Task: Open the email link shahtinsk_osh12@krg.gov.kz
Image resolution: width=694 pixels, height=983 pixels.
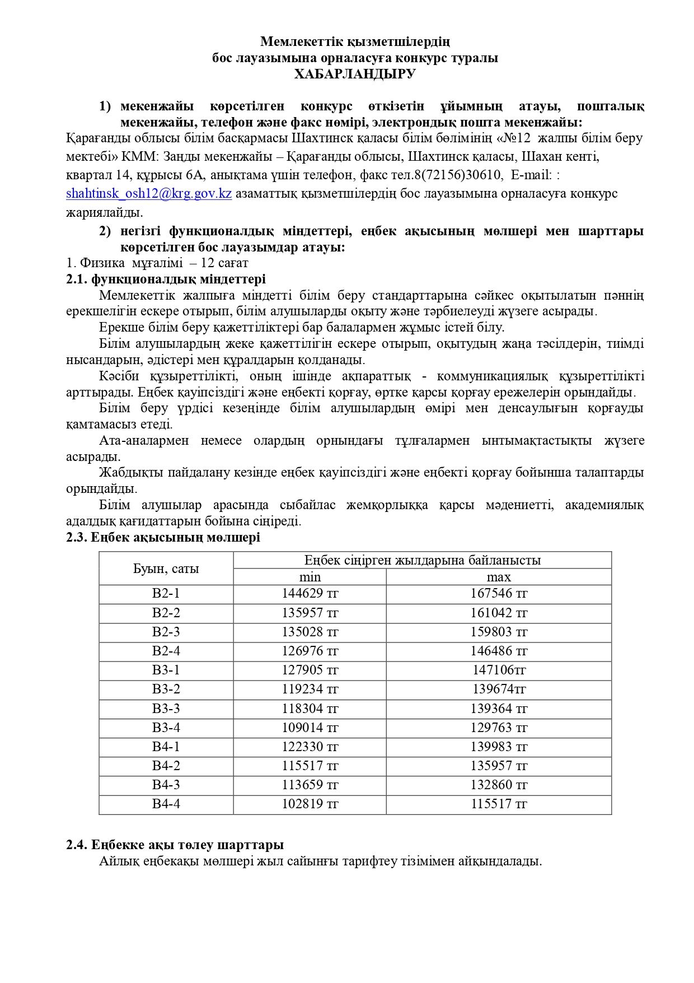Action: click(x=149, y=194)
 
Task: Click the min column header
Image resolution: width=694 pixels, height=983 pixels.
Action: click(x=310, y=577)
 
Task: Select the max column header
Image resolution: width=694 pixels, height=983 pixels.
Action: click(x=499, y=577)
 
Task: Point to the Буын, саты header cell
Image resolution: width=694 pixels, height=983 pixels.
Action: click(x=166, y=569)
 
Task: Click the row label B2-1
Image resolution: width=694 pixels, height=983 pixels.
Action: click(x=166, y=594)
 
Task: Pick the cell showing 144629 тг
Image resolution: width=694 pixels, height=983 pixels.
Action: click(x=310, y=594)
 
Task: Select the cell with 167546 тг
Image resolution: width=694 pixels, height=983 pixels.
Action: click(x=499, y=594)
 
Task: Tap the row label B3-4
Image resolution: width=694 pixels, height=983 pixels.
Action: click(x=166, y=728)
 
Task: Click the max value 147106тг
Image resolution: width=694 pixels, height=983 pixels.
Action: click(x=499, y=670)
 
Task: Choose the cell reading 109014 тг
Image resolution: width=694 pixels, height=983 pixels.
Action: click(x=310, y=728)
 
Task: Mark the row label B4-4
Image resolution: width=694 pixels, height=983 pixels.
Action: click(x=166, y=804)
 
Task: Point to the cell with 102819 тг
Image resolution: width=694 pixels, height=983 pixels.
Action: click(x=310, y=804)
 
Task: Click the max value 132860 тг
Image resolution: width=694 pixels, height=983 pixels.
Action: click(x=499, y=785)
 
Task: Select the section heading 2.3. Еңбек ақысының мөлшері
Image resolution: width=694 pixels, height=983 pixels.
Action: click(x=163, y=538)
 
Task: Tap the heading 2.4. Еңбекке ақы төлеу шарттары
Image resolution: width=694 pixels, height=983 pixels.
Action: click(x=175, y=845)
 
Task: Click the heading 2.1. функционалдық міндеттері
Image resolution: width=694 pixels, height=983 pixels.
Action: click(x=166, y=279)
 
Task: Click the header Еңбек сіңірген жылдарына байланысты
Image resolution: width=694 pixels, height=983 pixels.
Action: click(x=422, y=560)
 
